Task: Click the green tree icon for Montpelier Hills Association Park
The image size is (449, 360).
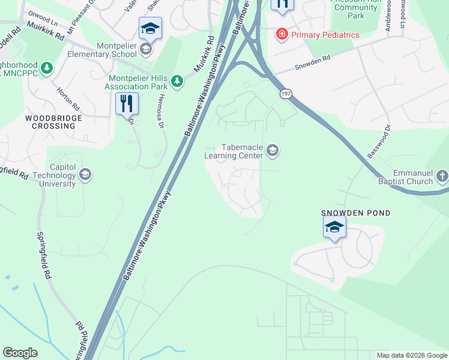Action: pos(176,80)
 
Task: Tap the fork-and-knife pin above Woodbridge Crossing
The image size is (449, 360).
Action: pos(127,103)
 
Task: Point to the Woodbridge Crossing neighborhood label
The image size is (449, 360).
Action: pos(54,122)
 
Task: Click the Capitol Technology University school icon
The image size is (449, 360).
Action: pos(85,175)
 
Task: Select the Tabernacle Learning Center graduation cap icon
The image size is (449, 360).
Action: pos(273,150)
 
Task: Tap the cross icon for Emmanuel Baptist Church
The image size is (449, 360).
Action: pos(442,176)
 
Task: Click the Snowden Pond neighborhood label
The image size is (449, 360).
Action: pos(356,213)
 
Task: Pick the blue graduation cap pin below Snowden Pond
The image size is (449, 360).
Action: pos(334,227)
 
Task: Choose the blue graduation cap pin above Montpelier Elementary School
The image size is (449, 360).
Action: pos(150,28)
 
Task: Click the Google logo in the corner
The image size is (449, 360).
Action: pos(20,353)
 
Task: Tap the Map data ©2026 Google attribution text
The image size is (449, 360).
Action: pos(411,355)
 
